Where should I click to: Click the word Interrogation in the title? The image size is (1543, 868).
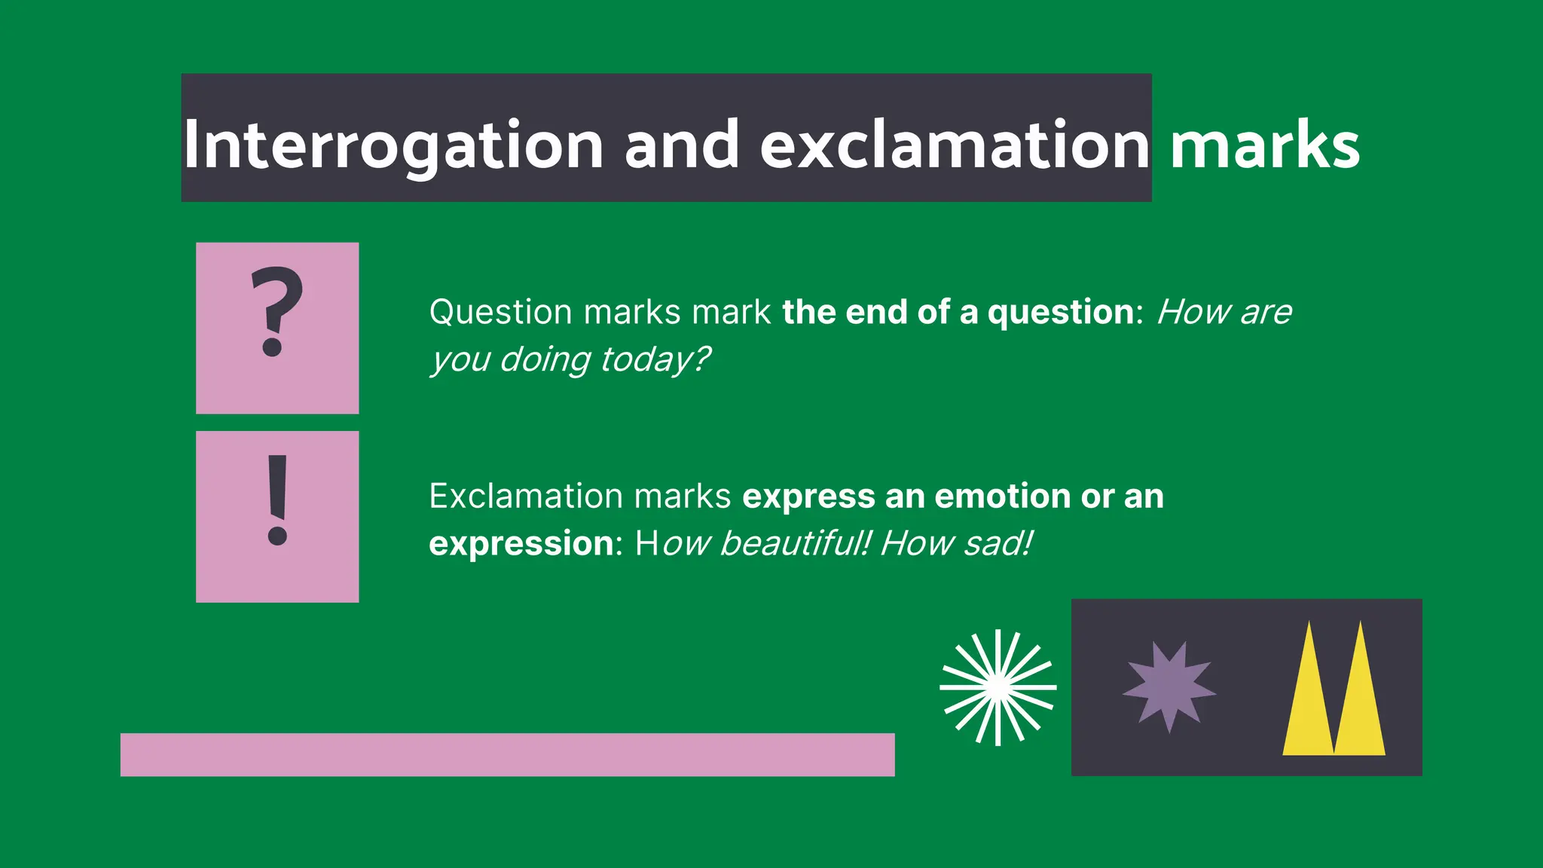(393, 145)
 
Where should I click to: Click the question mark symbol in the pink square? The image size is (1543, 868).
(277, 311)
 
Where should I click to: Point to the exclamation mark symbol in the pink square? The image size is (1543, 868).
(277, 500)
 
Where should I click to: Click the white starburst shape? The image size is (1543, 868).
(998, 687)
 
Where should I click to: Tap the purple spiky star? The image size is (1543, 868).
(1169, 686)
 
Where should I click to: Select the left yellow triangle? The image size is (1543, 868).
(1309, 704)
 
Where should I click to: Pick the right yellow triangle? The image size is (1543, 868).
(1360, 704)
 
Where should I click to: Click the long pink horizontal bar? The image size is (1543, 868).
(507, 754)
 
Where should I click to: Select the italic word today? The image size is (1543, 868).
(655, 360)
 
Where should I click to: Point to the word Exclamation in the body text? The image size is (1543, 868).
(526, 497)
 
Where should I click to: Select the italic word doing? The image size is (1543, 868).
(545, 360)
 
